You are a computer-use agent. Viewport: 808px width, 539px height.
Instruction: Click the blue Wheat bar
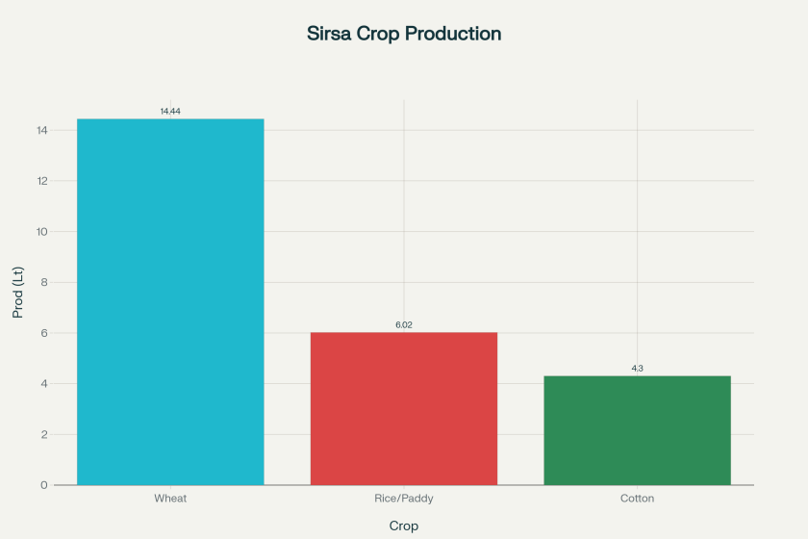170,301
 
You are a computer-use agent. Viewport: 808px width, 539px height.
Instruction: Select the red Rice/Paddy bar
404,408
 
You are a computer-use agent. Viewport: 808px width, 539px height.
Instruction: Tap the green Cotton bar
637,430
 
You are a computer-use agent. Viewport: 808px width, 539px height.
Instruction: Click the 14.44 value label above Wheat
170,112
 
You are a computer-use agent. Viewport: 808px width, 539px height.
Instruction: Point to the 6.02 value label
404,325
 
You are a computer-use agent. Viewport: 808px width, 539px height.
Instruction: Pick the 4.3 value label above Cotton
637,369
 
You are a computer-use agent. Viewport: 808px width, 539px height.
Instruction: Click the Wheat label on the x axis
170,499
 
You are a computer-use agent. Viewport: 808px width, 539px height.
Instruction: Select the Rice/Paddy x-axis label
404,499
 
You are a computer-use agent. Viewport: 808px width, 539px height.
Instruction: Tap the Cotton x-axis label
637,499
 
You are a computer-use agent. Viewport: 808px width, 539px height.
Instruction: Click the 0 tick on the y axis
44,485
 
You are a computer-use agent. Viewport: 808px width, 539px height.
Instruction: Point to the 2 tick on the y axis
44,434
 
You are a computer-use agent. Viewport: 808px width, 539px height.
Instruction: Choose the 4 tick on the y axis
44,384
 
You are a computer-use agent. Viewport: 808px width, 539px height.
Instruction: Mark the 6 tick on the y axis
44,333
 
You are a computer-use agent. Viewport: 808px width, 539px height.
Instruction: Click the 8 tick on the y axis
44,282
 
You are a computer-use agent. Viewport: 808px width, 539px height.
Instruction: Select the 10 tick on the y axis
41,232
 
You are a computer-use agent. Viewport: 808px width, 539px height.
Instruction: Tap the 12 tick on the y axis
41,181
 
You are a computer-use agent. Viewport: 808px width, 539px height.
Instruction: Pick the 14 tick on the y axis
41,130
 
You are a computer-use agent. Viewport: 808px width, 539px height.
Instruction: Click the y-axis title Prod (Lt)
17,292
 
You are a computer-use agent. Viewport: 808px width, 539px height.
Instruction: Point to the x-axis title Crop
404,526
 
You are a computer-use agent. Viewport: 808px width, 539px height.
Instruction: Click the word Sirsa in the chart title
331,34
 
